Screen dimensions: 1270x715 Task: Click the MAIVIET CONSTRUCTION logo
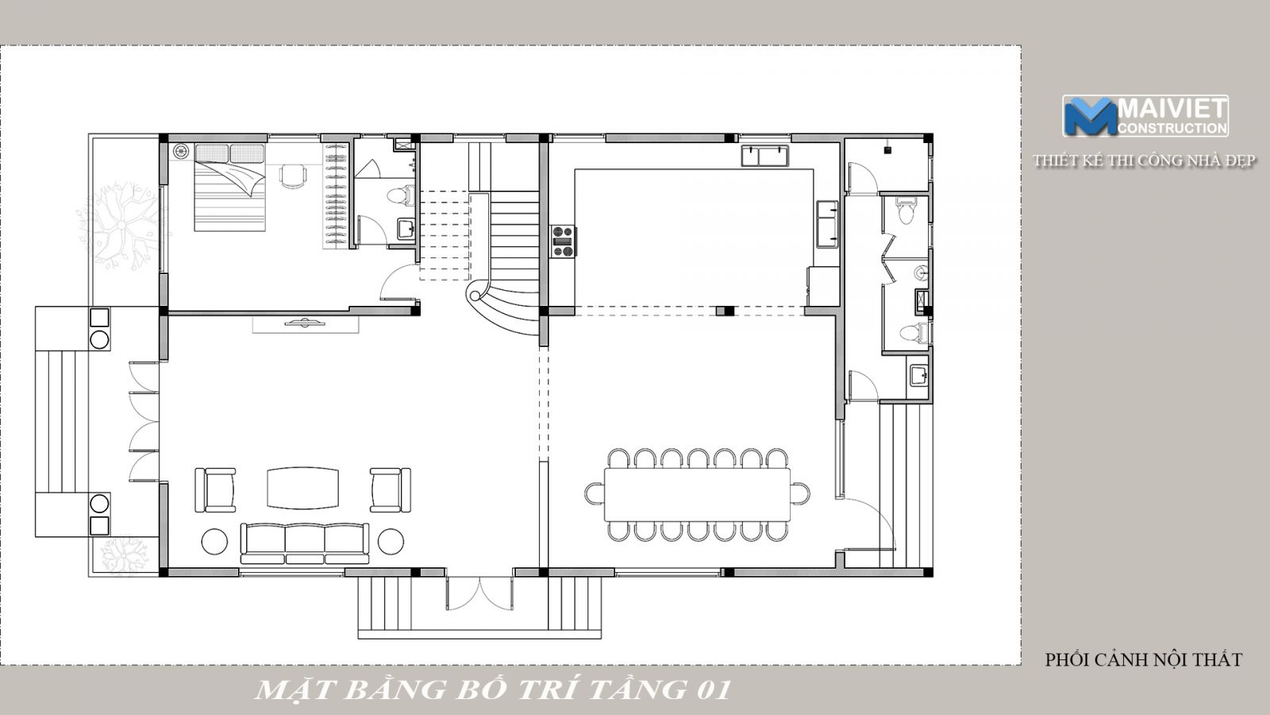[1145, 116]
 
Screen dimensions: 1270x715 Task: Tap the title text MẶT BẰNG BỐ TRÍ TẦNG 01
[492, 690]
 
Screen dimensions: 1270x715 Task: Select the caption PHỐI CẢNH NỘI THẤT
[1144, 660]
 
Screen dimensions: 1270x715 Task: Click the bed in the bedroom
[229, 187]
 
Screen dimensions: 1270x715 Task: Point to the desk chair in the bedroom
[293, 176]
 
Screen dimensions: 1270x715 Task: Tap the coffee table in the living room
[302, 488]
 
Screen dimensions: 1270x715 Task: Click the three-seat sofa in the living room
[305, 543]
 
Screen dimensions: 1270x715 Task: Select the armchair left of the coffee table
[215, 490]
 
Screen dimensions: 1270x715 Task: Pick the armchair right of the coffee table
[391, 490]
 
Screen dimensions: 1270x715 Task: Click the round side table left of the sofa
[214, 542]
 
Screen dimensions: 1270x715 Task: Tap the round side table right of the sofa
[391, 542]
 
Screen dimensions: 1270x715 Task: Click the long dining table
[698, 495]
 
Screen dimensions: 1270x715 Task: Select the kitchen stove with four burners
[563, 242]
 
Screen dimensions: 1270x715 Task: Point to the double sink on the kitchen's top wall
[765, 156]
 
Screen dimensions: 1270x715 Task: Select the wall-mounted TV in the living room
[306, 323]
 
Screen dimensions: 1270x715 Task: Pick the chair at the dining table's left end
[595, 493]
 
